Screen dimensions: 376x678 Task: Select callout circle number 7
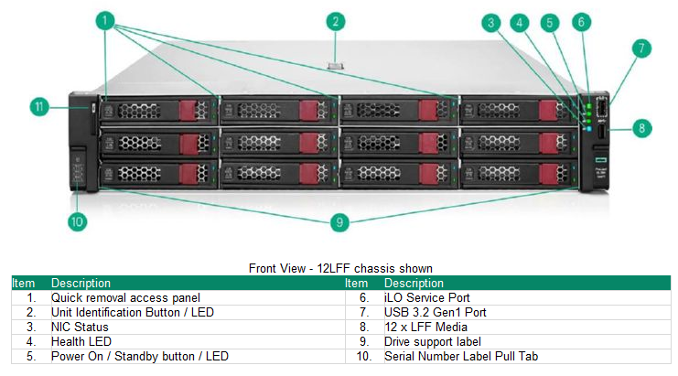pyautogui.click(x=642, y=48)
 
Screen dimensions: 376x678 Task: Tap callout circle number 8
pyautogui.click(x=642, y=128)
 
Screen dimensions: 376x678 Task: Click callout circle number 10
pyautogui.click(x=78, y=220)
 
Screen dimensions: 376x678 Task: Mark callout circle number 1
pyautogui.click(x=107, y=19)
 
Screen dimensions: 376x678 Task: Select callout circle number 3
pyautogui.click(x=491, y=22)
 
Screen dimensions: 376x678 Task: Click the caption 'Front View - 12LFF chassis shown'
pyautogui.click(x=340, y=268)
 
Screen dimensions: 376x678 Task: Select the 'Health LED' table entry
pyautogui.click(x=82, y=341)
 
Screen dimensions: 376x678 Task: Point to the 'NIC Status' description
pyautogui.click(x=80, y=327)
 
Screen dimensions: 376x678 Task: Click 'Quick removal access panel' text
pyautogui.click(x=125, y=297)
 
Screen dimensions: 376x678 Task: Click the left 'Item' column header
pyautogui.click(x=23, y=284)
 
